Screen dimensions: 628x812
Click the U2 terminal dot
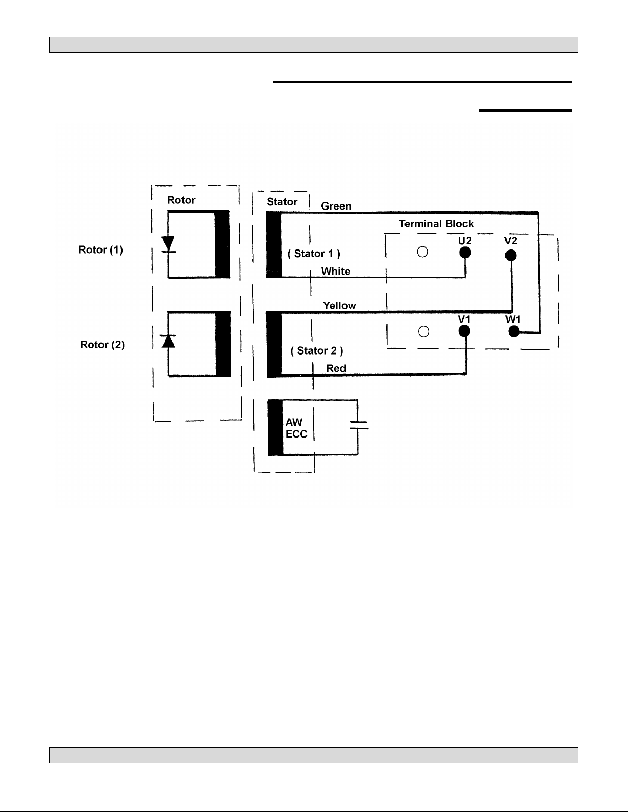[x=465, y=253]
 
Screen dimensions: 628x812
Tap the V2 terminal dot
[x=511, y=255]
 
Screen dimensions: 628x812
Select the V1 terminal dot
[x=464, y=331]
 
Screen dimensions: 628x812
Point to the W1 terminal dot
[x=514, y=331]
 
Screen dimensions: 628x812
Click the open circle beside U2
[x=422, y=252]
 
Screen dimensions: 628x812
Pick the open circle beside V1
[x=423, y=331]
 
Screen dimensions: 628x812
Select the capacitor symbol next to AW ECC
[x=358, y=425]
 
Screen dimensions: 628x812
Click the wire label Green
[x=336, y=206]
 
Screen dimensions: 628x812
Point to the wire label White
[x=336, y=272]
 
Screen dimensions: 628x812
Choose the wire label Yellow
[x=339, y=306]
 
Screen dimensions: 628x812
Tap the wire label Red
[x=336, y=368]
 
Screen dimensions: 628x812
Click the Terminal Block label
[x=436, y=224]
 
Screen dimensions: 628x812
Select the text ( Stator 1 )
[x=314, y=254]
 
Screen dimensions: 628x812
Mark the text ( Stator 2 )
[x=317, y=351]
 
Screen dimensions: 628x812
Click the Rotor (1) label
[x=100, y=249]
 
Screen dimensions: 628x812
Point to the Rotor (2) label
[x=103, y=345]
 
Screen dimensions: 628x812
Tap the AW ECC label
[x=296, y=428]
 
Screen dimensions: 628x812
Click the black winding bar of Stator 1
[x=274, y=244]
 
